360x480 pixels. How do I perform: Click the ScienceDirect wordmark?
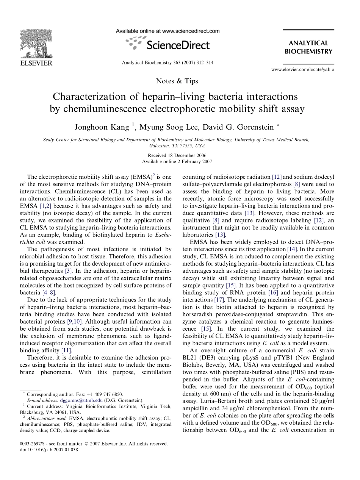[x=178, y=45]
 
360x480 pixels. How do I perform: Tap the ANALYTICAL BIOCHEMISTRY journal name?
[x=308, y=47]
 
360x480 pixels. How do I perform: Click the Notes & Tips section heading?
[x=177, y=81]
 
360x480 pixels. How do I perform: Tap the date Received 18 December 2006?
[x=177, y=156]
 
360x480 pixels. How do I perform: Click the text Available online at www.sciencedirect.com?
[x=167, y=31]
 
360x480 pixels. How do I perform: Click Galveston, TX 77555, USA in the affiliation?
[x=177, y=145]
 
